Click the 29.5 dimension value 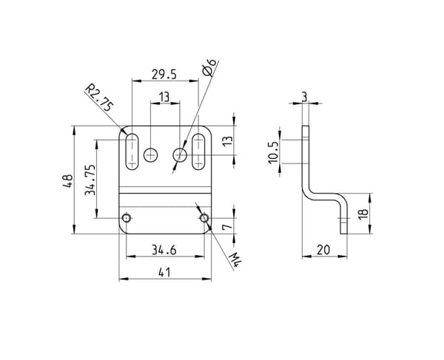(x=164, y=75)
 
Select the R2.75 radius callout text (x=100, y=98)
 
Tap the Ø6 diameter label (x=209, y=67)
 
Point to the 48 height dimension (x=68, y=180)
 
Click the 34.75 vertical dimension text (x=90, y=180)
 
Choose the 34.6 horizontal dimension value (x=164, y=250)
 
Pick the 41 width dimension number (x=164, y=273)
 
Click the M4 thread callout (x=235, y=259)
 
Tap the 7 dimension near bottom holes (x=227, y=227)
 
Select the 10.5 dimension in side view (x=274, y=153)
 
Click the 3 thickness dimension (x=304, y=97)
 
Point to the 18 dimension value (x=363, y=214)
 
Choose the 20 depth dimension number (x=323, y=250)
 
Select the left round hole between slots (x=151, y=154)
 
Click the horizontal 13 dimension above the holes (x=164, y=97)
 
